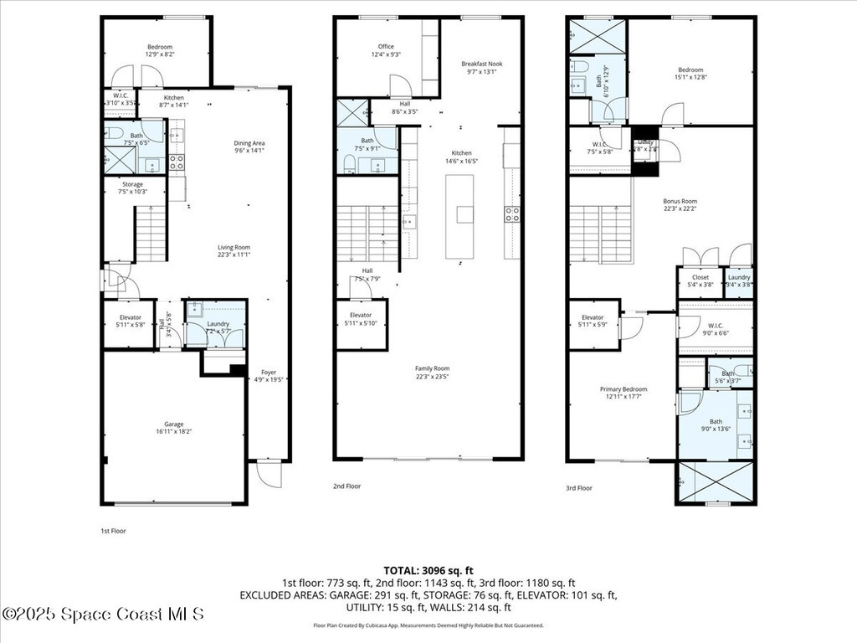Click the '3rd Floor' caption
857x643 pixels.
(x=579, y=487)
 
